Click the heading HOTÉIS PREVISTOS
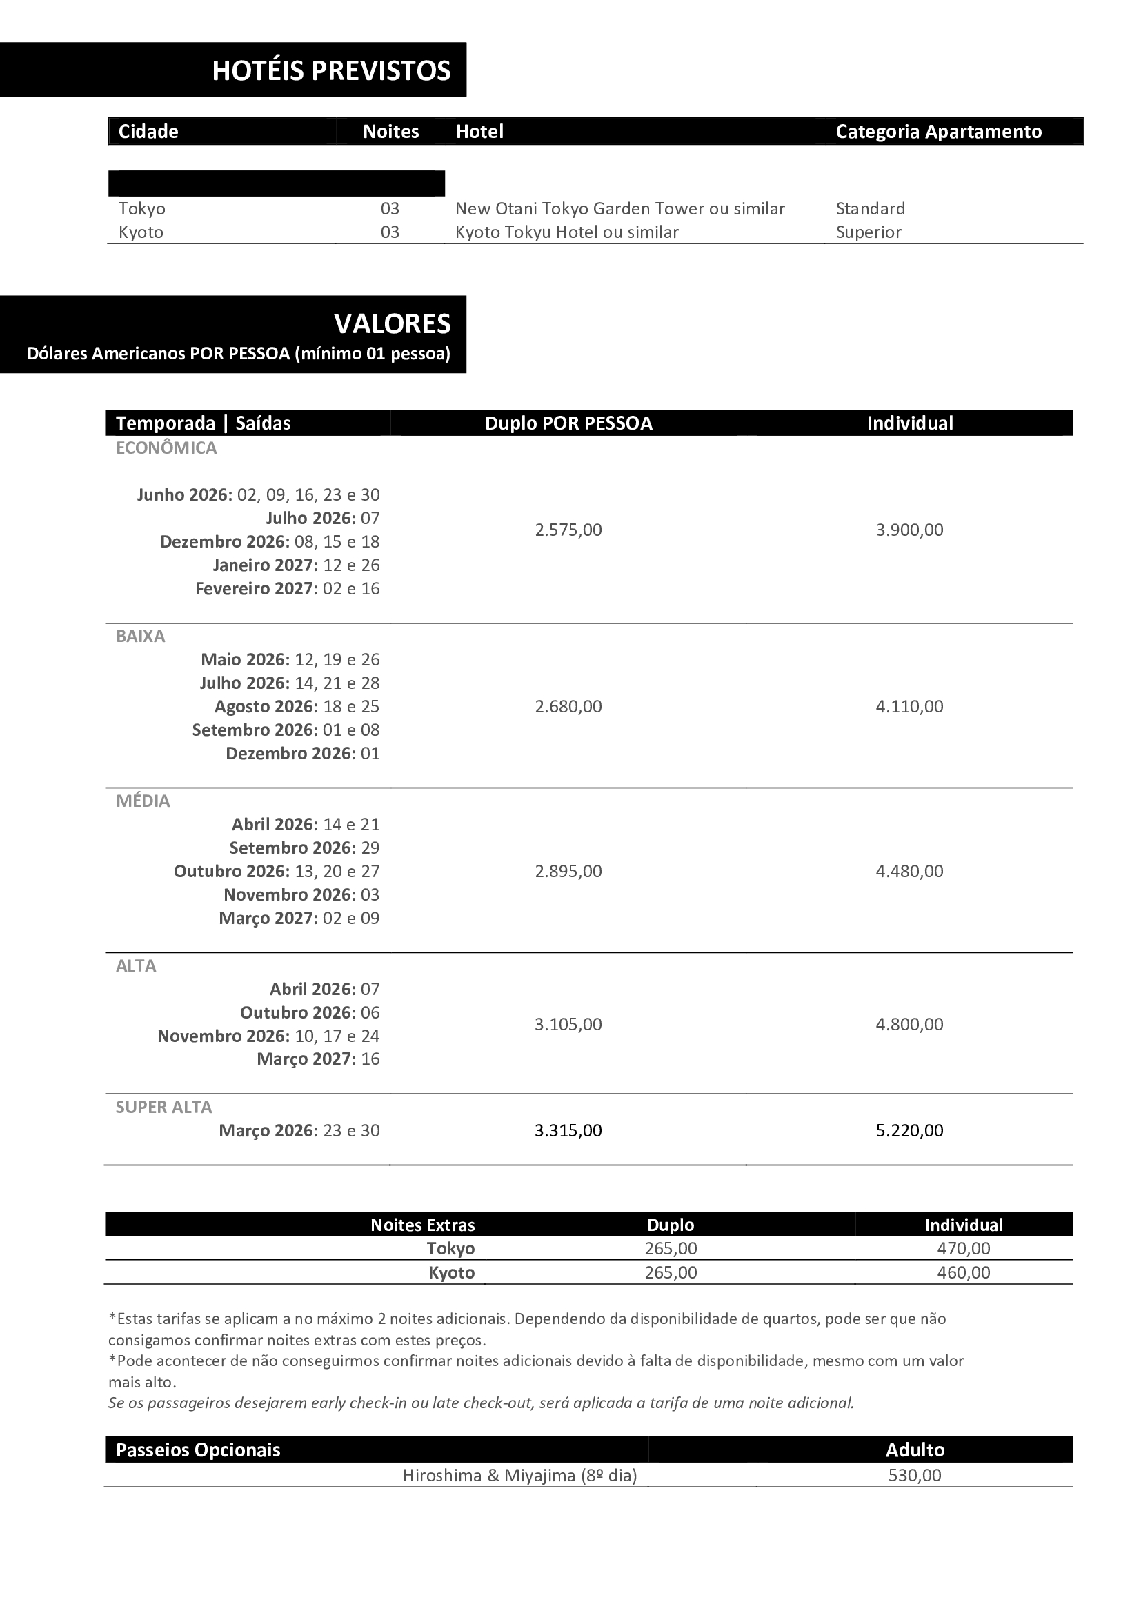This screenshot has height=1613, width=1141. point(331,71)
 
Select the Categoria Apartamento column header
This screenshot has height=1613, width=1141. point(938,132)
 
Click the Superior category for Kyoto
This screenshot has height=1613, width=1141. point(868,232)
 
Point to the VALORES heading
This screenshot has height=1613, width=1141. point(392,324)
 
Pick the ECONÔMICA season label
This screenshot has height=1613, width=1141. point(166,448)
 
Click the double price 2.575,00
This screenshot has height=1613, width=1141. point(568,530)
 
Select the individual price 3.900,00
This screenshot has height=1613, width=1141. point(909,530)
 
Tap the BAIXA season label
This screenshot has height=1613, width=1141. point(141,636)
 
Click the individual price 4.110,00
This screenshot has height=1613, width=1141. point(909,706)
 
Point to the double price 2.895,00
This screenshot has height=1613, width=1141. point(568,871)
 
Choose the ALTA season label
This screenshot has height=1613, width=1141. point(136,965)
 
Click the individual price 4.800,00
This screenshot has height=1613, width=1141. point(909,1023)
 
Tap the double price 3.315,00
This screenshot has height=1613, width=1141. point(568,1130)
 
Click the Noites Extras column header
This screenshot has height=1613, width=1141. point(422,1225)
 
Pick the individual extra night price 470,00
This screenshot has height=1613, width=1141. point(963,1248)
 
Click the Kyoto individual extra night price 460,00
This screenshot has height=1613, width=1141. point(963,1272)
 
